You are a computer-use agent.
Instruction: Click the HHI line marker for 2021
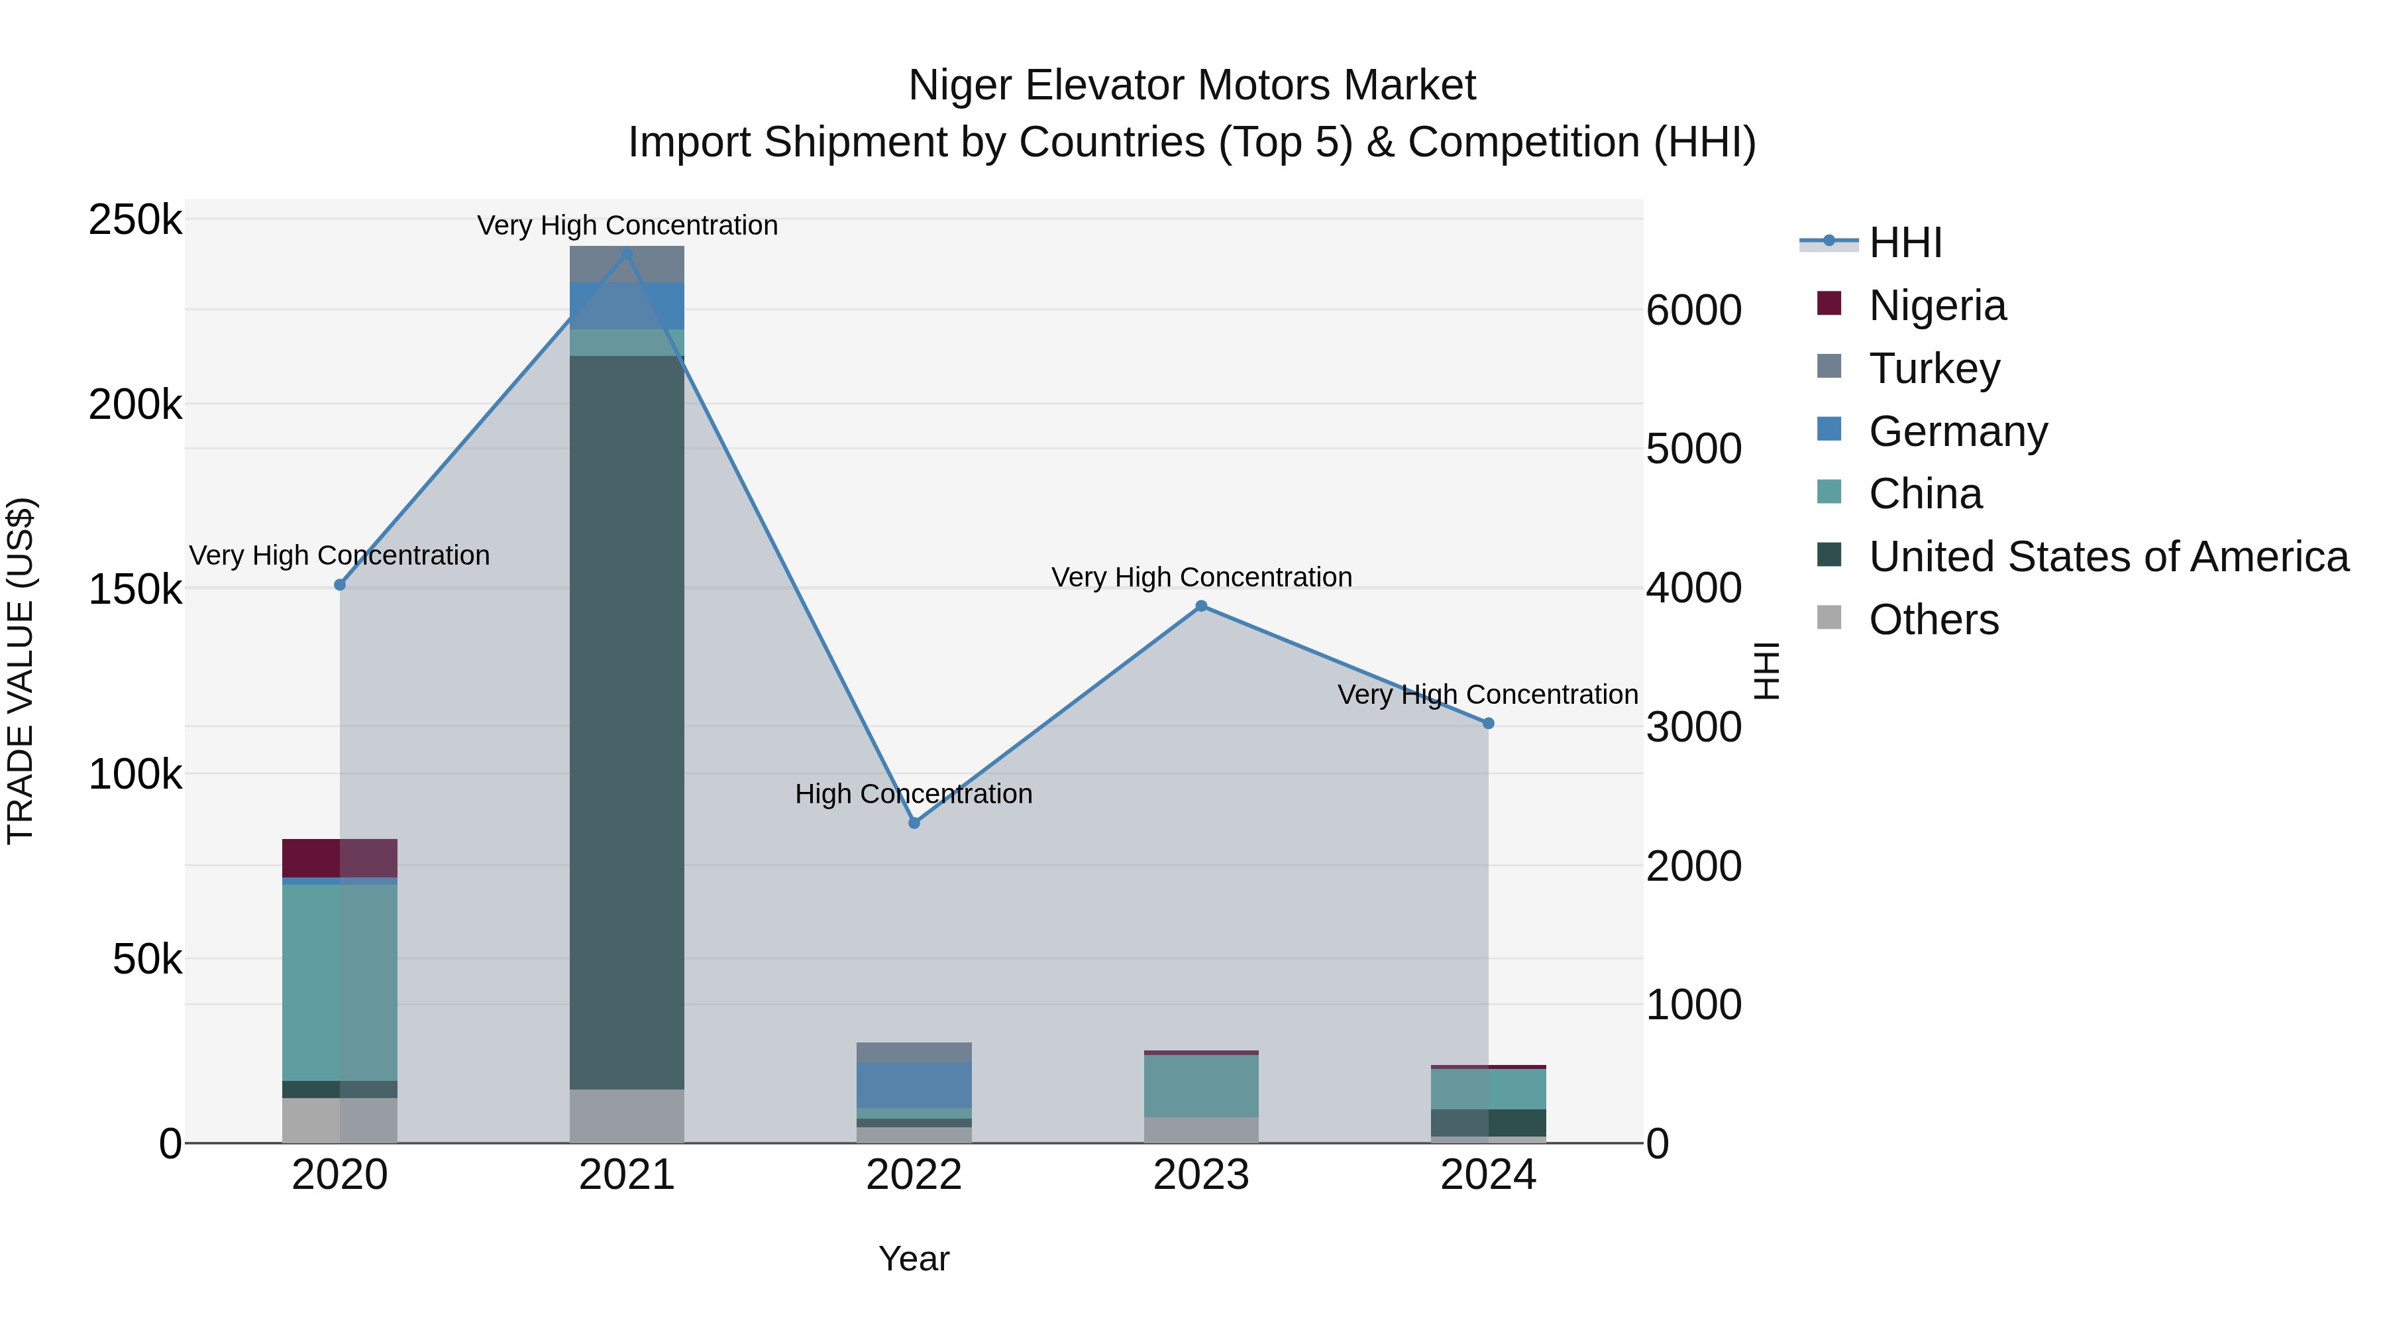tap(627, 253)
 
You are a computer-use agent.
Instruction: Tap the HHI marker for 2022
tap(914, 822)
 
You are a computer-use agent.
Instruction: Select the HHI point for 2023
tap(1201, 606)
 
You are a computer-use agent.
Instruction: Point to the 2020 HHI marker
tap(340, 585)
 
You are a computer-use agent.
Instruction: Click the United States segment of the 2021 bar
tap(627, 722)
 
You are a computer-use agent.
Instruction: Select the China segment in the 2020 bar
tap(340, 981)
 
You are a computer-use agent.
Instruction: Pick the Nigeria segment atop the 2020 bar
tap(340, 858)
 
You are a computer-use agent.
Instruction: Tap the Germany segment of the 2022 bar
tap(914, 1084)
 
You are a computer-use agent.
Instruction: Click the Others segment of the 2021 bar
tap(627, 1115)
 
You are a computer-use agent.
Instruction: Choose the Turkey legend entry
tap(1933, 368)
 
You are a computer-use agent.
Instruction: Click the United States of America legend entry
tap(2107, 557)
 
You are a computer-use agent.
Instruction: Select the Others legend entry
tap(1933, 620)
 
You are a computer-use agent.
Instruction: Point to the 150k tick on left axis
tap(135, 589)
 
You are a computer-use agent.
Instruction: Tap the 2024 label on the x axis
tap(1488, 1175)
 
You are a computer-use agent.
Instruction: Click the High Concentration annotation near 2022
tap(913, 794)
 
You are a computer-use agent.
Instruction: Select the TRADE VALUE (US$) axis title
tap(21, 671)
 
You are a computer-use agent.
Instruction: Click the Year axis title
tap(914, 1258)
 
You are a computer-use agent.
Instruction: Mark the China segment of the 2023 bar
tap(1201, 1086)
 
